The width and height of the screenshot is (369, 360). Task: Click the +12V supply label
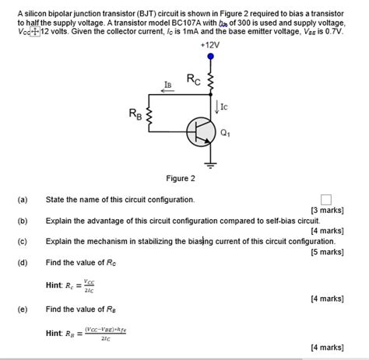click(209, 45)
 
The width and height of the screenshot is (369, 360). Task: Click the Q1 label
click(226, 133)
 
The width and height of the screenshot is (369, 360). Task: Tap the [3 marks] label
click(327, 211)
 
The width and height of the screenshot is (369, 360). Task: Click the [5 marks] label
click(327, 252)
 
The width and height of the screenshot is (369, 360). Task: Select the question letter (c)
click(21, 242)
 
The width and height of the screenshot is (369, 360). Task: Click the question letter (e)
click(21, 309)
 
